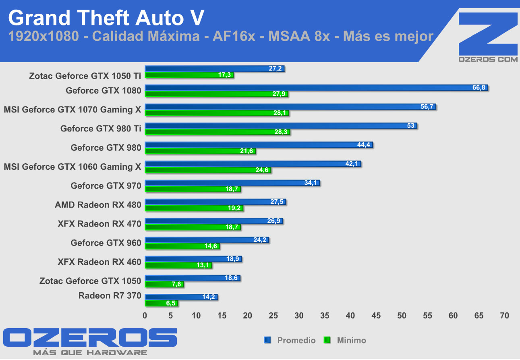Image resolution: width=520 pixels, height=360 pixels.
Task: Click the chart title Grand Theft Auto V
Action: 106,18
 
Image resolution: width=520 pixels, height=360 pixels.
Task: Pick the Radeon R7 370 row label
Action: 110,295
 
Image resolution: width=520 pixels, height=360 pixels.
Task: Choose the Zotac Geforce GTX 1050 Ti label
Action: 85,75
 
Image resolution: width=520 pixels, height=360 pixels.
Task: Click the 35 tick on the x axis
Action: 325,316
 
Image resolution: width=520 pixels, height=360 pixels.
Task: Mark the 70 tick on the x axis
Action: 504,316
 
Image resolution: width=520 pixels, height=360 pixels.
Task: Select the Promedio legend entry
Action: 296,340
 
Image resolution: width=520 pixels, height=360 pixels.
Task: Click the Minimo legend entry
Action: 351,340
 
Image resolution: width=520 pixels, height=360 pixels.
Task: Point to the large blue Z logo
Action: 487,34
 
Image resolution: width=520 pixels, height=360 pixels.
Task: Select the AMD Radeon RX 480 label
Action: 98,205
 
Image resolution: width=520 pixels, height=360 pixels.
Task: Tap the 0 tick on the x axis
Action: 145,316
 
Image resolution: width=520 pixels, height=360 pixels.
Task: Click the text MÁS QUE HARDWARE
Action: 90,353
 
